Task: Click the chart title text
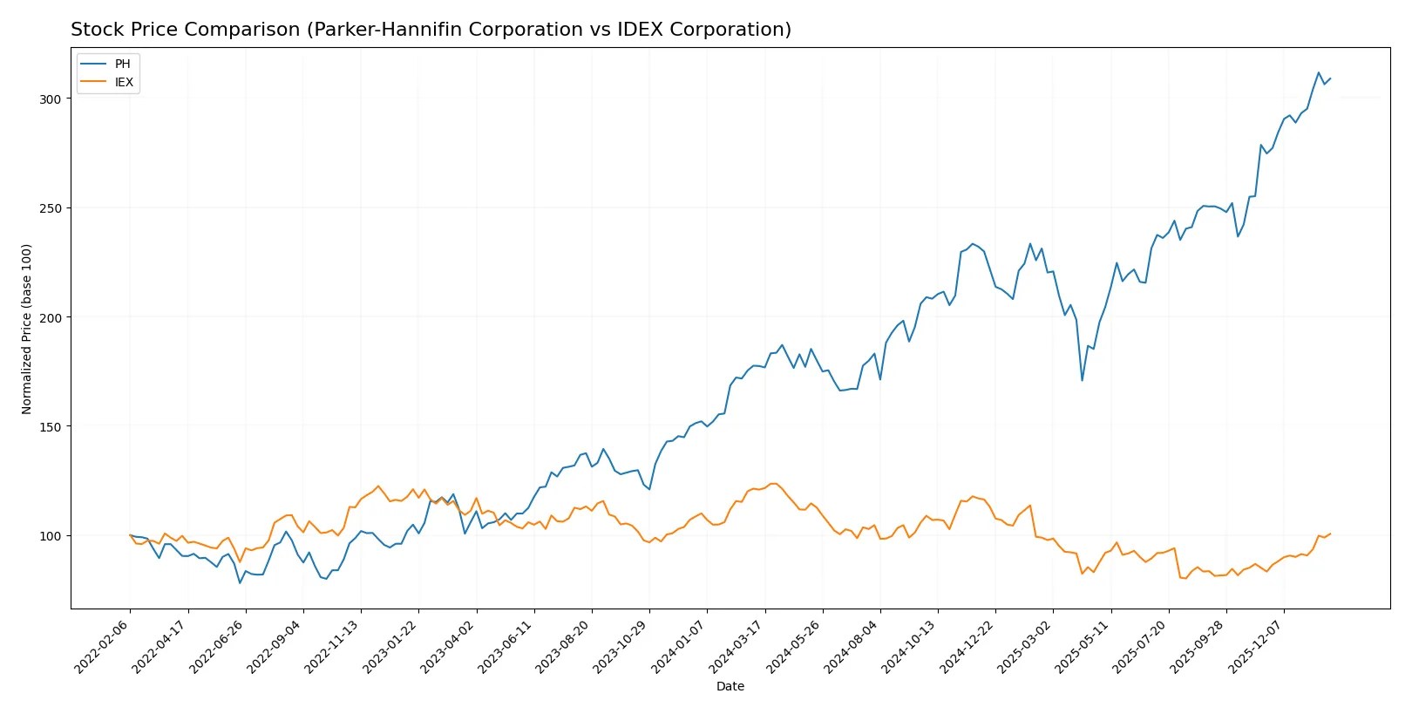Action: tap(431, 30)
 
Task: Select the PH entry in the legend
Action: tap(122, 64)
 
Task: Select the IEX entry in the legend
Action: tap(124, 82)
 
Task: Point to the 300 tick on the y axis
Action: tap(51, 99)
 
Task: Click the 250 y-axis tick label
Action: tap(51, 208)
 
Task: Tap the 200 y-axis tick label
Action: tap(51, 317)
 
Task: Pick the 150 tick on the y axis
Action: tap(51, 427)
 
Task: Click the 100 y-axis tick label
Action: tap(51, 536)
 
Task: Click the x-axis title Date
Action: tap(730, 687)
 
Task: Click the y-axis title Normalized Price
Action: tap(27, 329)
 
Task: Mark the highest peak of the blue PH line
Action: tap(1319, 72)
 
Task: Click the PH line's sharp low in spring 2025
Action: tap(1083, 380)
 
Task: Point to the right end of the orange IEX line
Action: tap(1330, 534)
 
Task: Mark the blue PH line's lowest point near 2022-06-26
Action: tap(240, 582)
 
